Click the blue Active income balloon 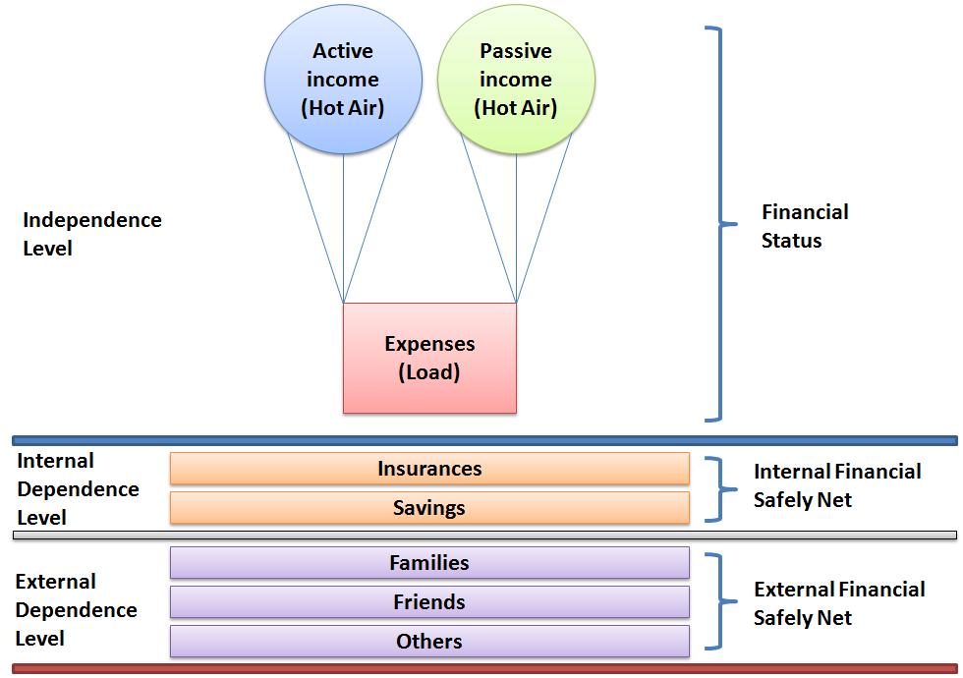point(342,80)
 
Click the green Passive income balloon point(515,80)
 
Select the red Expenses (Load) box point(429,358)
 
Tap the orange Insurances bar point(429,469)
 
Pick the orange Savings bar point(429,508)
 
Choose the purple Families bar point(429,563)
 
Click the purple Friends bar point(429,602)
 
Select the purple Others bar point(429,642)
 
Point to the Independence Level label point(91,234)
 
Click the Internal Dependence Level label point(78,488)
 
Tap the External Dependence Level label point(76,609)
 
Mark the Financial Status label point(804,226)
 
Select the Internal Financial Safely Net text point(836,485)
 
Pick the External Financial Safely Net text point(838,603)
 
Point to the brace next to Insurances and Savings point(723,488)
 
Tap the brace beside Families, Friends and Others point(723,601)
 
